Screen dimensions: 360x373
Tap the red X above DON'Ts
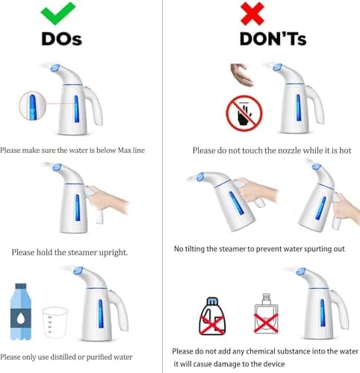click(x=252, y=13)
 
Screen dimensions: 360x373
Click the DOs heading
click(x=62, y=39)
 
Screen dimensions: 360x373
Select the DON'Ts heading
click(x=273, y=39)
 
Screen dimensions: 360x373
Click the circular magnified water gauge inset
click(x=33, y=106)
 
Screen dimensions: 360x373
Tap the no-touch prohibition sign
click(x=244, y=113)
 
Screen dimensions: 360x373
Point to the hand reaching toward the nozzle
click(x=242, y=75)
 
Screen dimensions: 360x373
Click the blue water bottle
click(x=21, y=312)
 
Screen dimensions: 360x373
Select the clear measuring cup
click(x=55, y=322)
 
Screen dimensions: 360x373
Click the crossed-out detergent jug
click(x=212, y=316)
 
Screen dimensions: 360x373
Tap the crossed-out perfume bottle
click(x=266, y=314)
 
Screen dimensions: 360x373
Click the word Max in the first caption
click(x=124, y=151)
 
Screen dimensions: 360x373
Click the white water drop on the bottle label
click(x=21, y=318)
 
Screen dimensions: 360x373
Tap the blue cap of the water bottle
click(x=21, y=286)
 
